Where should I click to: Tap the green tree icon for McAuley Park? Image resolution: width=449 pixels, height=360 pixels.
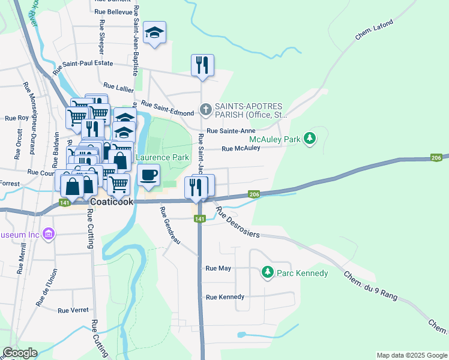click(310, 139)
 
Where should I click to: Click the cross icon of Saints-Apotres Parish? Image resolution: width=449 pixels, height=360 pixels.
click(205, 110)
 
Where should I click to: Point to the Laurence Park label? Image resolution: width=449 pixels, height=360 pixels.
click(162, 158)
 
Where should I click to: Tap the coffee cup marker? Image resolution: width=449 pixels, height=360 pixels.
click(148, 175)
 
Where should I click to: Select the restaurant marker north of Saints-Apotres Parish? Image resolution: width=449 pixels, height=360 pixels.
click(202, 65)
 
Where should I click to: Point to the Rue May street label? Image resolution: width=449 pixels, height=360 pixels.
click(218, 268)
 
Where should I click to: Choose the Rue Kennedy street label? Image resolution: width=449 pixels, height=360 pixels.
click(225, 297)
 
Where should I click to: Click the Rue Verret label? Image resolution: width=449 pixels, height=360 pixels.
click(73, 310)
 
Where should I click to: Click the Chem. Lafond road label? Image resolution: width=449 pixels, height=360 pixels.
click(374, 30)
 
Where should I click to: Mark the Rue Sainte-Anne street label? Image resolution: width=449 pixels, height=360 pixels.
click(231, 131)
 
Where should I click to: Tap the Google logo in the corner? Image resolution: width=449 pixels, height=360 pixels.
click(20, 353)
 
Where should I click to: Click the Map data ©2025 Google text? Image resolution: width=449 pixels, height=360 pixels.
click(411, 355)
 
